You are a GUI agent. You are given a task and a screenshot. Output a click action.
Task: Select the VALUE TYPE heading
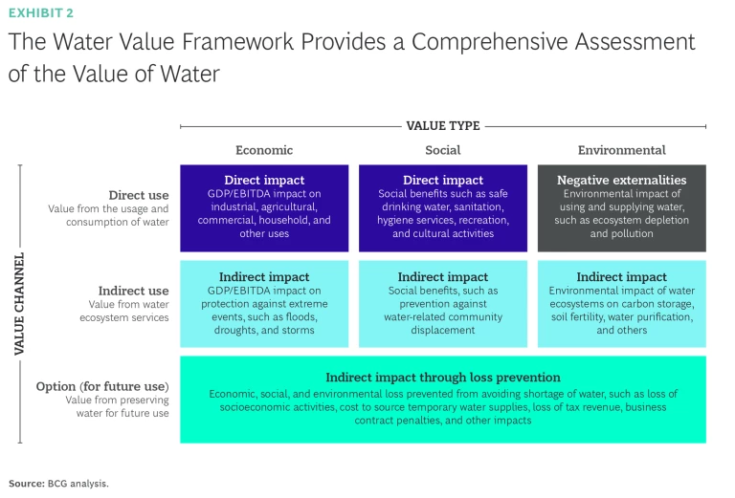coord(443,125)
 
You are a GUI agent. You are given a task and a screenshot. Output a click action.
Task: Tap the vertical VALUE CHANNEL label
coord(19,305)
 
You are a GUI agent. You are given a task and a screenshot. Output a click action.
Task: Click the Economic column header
coord(264,150)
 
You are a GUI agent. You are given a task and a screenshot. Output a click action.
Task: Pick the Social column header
coord(442,150)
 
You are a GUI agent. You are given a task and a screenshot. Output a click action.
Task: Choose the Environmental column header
coord(621,150)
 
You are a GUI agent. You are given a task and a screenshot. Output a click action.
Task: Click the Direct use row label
coord(139,195)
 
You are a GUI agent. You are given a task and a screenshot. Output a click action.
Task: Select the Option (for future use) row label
coord(102,386)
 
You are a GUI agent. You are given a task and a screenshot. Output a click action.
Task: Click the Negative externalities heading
coord(621,180)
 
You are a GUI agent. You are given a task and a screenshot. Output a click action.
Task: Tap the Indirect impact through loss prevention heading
coord(443,378)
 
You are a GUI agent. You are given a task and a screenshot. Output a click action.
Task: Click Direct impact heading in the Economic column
coord(264,180)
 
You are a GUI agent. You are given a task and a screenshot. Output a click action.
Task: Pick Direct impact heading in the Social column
coord(442,180)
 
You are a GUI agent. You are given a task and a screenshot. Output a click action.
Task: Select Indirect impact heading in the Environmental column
coord(621,277)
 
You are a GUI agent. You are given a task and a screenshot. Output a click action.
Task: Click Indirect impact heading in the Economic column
coord(264,277)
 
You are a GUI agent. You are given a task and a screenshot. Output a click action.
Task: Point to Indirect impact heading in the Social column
coord(442,277)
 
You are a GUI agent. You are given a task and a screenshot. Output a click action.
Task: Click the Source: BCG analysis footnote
coord(58,484)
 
